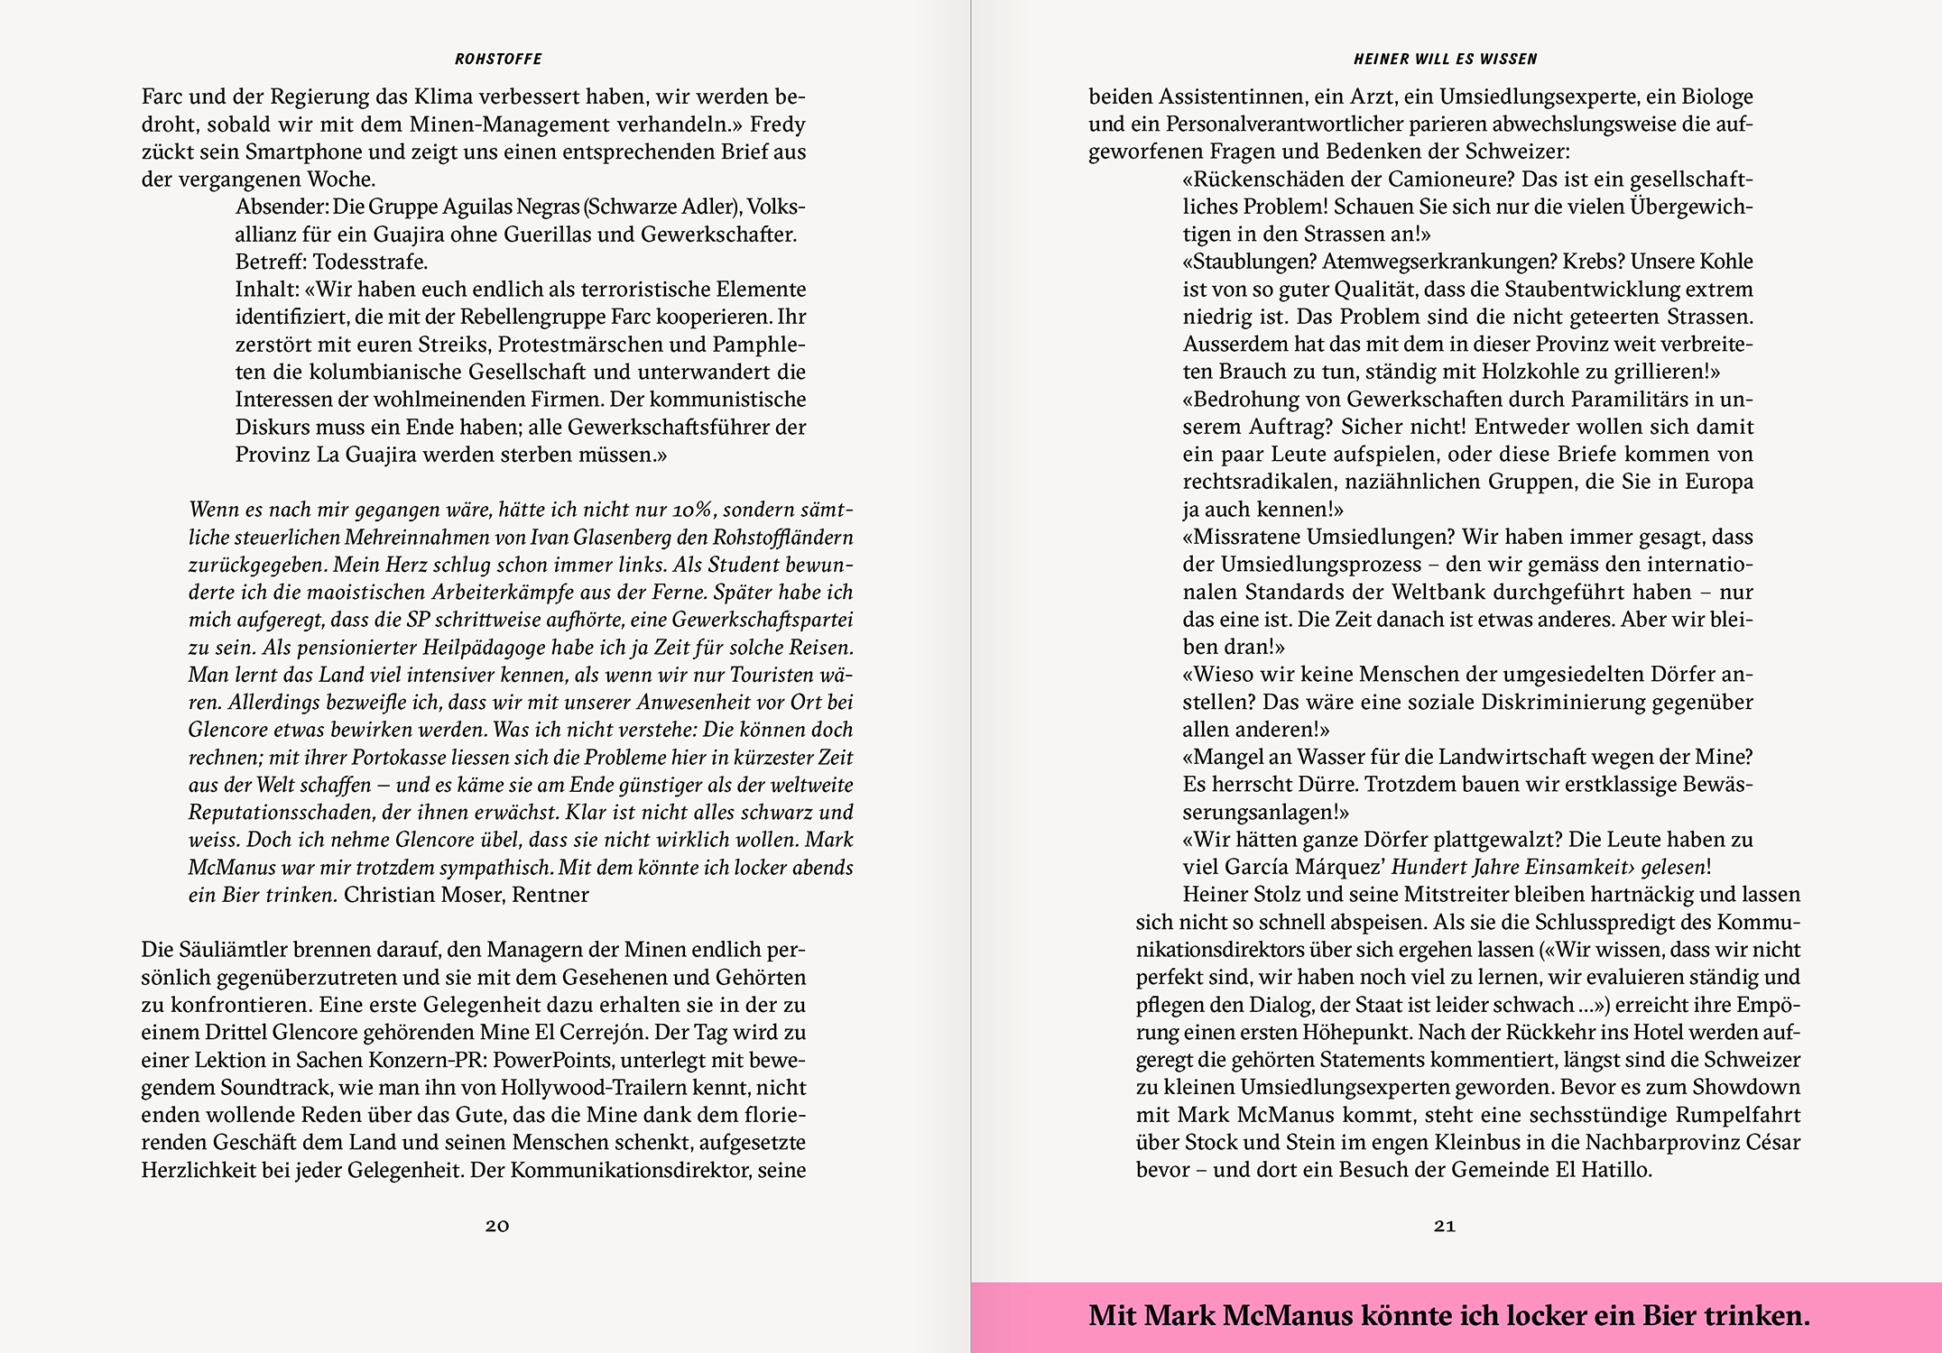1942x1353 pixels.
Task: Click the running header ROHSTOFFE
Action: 498,60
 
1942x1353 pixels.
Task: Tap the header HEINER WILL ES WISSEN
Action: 1445,60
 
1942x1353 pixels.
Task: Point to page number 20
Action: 497,1226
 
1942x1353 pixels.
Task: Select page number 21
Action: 1445,1226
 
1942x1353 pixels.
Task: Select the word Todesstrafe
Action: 370,262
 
